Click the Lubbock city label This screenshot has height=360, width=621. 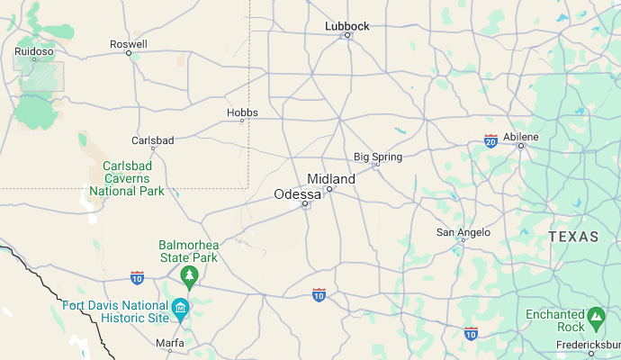(346, 26)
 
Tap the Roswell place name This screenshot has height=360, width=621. (128, 43)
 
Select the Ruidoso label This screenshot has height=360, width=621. (34, 52)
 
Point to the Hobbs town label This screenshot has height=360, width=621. (242, 112)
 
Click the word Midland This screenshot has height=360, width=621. (331, 178)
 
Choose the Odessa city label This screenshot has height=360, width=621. (297, 193)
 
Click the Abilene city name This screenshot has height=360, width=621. (521, 136)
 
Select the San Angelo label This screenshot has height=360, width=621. (463, 232)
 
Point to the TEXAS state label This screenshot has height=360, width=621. (573, 237)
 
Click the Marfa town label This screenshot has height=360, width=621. (169, 343)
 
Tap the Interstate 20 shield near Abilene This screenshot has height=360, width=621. (490, 141)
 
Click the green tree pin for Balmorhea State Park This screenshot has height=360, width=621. (189, 274)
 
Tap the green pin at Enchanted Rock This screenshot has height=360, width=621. (595, 317)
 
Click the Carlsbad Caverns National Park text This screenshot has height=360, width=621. (132, 178)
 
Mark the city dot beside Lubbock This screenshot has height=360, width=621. (347, 35)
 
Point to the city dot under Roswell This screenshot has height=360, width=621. (129, 53)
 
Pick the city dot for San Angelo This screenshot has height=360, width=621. (463, 240)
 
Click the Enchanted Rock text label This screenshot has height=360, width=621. (554, 320)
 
